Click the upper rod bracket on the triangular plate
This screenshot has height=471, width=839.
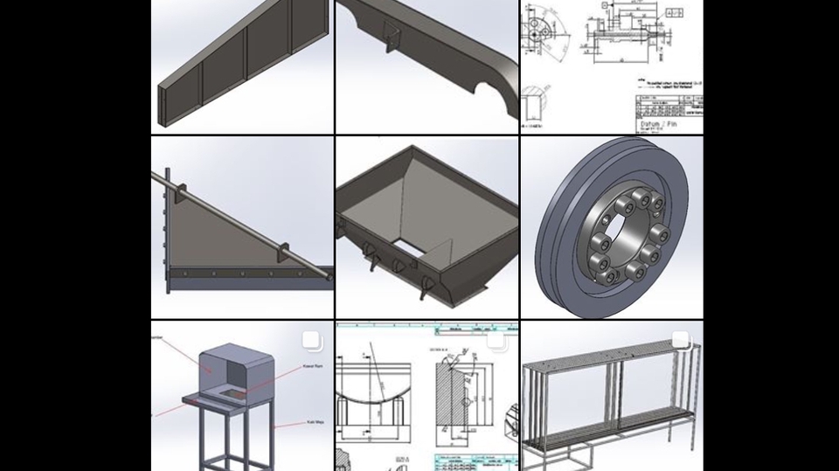coord(186,191)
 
